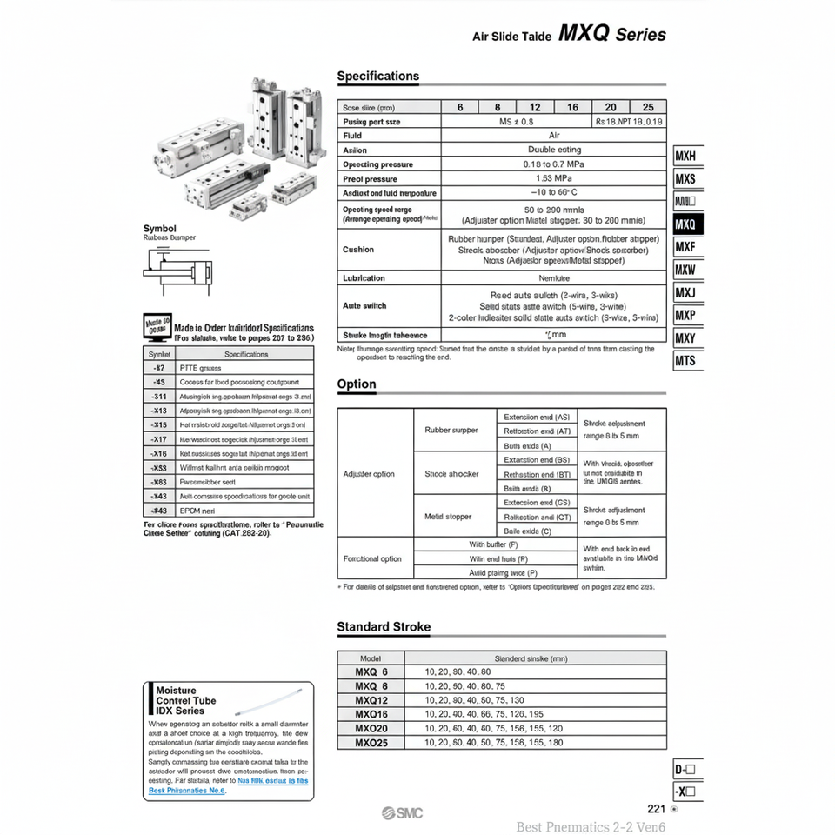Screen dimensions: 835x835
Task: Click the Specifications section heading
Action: click(x=377, y=77)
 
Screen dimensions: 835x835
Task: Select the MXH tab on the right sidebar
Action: click(x=685, y=157)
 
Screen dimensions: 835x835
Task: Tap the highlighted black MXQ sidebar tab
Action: click(x=685, y=224)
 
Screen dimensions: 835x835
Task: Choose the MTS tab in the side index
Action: click(x=685, y=360)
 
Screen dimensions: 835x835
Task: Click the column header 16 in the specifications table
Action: click(x=572, y=107)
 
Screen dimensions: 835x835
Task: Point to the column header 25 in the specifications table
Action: click(x=647, y=107)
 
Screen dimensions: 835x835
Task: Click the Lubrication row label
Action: click(x=364, y=278)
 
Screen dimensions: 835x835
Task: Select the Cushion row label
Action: click(x=358, y=250)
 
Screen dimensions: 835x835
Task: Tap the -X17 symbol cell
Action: click(x=159, y=439)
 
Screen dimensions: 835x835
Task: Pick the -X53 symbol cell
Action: click(x=159, y=468)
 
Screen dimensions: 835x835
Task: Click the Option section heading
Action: click(x=357, y=384)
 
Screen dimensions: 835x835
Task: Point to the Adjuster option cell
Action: click(x=369, y=474)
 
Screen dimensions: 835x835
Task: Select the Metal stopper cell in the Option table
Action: click(x=448, y=517)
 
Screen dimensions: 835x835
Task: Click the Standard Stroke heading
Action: click(x=384, y=626)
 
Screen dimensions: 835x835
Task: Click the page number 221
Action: click(x=657, y=809)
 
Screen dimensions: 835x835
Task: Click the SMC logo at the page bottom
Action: click(x=401, y=813)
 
